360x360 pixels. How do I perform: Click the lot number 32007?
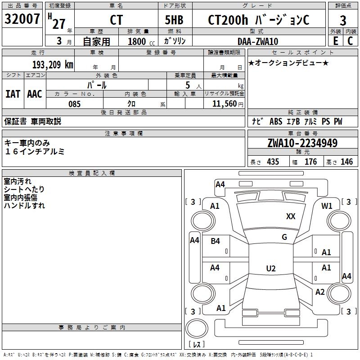tap(22, 19)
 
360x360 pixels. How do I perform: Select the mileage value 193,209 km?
tap(53, 65)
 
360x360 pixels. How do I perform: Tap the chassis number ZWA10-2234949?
tap(302, 143)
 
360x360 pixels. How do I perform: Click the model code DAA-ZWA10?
tap(258, 41)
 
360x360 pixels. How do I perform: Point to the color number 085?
tap(74, 104)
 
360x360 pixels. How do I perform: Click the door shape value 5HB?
tap(174, 20)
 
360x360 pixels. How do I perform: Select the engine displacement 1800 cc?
tap(141, 41)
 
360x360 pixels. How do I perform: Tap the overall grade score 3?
tap(343, 21)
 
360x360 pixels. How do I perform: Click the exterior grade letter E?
tap(335, 41)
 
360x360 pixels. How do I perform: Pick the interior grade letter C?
tap(350, 41)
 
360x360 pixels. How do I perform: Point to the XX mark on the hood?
tap(291, 216)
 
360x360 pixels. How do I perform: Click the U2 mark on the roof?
tap(271, 268)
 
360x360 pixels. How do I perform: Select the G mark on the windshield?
tap(284, 237)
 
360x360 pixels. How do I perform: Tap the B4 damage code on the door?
tap(215, 241)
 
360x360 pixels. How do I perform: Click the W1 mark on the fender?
tap(327, 206)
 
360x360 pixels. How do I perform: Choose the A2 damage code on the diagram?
tap(320, 292)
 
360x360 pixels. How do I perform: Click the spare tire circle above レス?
tap(197, 328)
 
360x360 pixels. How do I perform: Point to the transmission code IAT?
tap(13, 94)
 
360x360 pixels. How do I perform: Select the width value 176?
tap(310, 162)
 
